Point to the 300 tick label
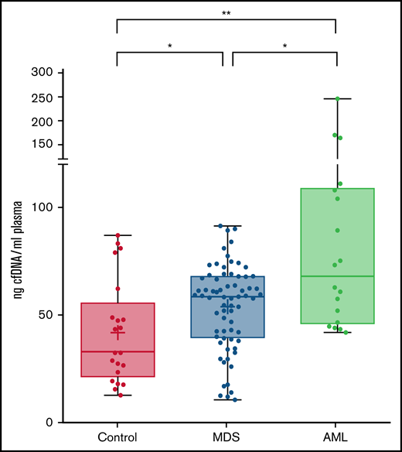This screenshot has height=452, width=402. pyautogui.click(x=42, y=72)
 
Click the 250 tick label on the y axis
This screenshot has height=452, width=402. pyautogui.click(x=42, y=98)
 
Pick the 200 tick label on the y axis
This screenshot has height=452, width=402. pyautogui.click(x=42, y=122)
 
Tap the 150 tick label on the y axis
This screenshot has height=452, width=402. pyautogui.click(x=42, y=145)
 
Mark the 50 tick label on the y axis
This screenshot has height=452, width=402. pyautogui.click(x=45, y=315)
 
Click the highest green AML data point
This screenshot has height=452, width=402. pyautogui.click(x=338, y=98)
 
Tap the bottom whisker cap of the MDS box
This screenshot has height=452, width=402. pyautogui.click(x=227, y=400)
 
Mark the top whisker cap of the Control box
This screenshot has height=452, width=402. pyautogui.click(x=118, y=235)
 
